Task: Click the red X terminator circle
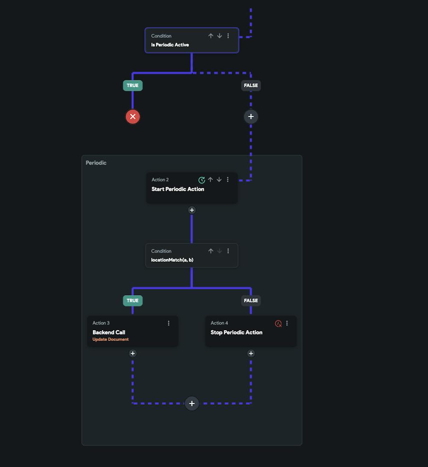133,116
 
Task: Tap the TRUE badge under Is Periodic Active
133,86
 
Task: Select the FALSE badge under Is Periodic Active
251,86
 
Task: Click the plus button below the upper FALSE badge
251,116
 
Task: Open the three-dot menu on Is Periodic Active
228,36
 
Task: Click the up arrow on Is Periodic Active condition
211,36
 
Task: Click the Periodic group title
96,163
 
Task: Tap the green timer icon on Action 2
202,180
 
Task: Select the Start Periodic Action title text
178,189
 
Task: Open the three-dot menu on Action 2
228,180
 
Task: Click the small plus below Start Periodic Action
192,210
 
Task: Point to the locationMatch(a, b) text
172,260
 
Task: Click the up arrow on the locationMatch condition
211,251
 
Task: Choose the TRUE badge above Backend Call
133,301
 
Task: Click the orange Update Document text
110,340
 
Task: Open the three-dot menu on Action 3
169,323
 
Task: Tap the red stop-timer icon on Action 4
278,324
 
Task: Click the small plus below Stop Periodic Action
251,353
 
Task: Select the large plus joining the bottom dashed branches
192,403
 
